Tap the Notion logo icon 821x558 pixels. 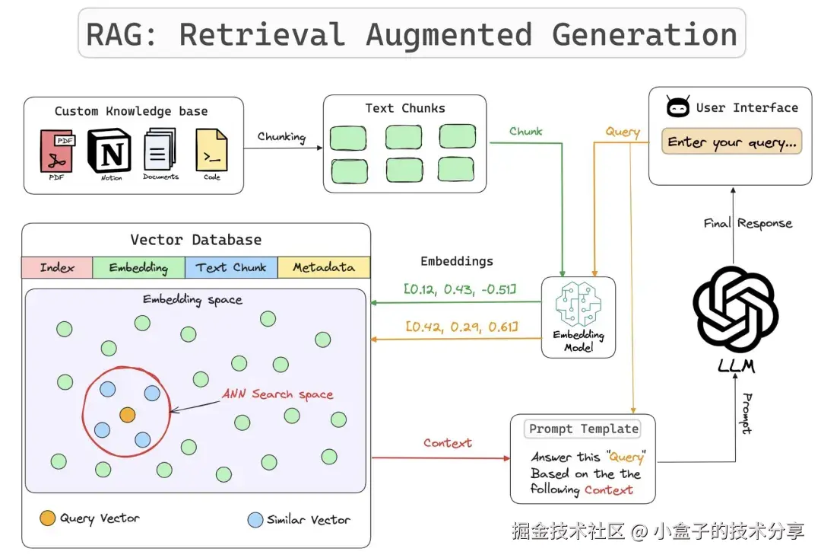110,150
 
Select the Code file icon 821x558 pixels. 211,149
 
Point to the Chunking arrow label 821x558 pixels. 281,137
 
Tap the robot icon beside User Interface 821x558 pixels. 677,107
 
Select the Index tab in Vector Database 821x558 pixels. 57,267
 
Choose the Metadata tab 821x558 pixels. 324,267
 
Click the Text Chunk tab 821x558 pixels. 231,267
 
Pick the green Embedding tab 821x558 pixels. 138,267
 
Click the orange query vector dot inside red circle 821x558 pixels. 127,415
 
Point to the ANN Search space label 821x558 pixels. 277,394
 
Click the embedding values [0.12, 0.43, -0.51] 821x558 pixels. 460,289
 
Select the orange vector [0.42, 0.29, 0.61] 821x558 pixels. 461,327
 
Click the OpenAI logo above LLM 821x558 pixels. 736,309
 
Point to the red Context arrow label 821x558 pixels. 448,443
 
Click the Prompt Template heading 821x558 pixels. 583,429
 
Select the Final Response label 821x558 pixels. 748,223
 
